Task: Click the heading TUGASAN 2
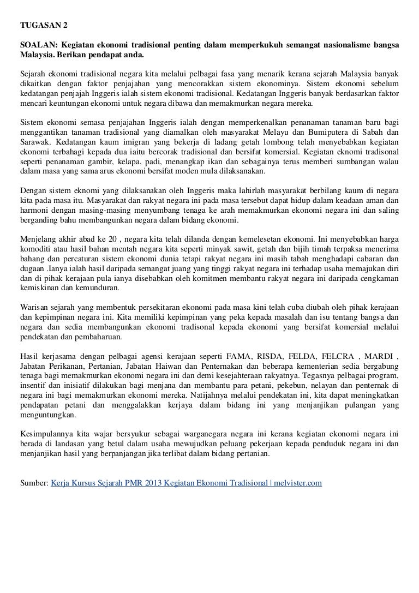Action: [x=41, y=26]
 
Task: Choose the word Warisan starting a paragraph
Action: [x=34, y=307]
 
